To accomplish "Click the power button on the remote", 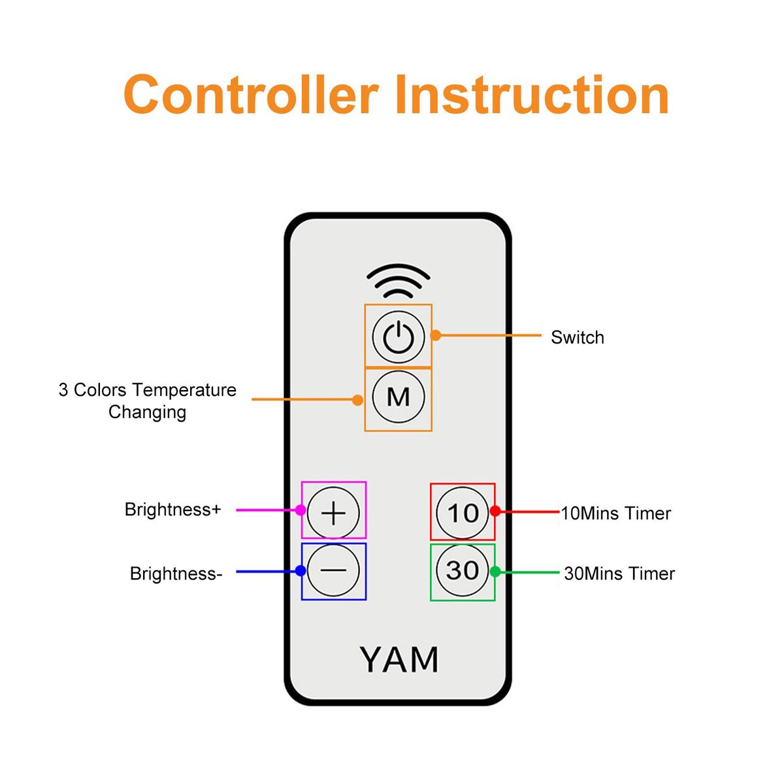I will click(398, 336).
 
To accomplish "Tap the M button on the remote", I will click(398, 397).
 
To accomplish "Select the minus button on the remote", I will click(333, 570).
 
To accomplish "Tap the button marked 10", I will click(463, 513).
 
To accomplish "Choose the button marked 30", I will click(463, 570).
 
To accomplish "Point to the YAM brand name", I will click(399, 660).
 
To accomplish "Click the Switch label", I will click(577, 338).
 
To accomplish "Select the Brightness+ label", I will click(172, 510).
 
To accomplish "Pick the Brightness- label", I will click(176, 574).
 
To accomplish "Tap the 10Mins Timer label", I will click(615, 514).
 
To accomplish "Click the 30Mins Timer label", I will click(619, 574).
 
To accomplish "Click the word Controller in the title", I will click(251, 95).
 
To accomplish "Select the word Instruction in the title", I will click(532, 95).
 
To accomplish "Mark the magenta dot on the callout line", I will click(301, 510).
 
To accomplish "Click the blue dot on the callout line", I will click(301, 571).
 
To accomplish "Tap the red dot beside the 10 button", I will click(495, 512).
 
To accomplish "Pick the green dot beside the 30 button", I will click(495, 572).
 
